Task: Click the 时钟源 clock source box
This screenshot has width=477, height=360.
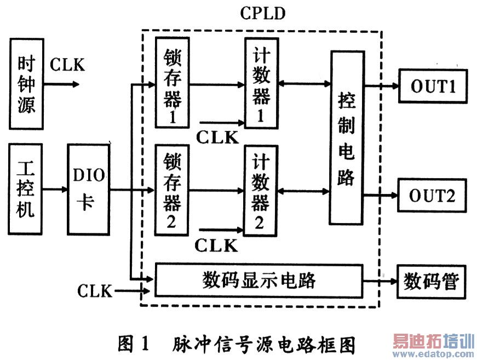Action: pos(26,84)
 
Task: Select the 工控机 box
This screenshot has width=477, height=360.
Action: pos(25,189)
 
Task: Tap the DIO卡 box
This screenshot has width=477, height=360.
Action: pos(89,189)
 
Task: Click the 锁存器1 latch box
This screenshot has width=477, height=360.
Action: pos(173,83)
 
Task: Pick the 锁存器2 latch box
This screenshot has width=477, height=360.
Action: pos(172,190)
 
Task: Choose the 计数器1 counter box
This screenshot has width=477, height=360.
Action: pos(262,83)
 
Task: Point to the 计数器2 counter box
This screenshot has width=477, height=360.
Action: pos(260,191)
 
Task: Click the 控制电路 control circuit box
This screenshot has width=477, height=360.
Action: pos(347,138)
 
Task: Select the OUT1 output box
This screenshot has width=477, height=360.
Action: pos(433,86)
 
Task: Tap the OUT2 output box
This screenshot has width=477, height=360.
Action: pos(432,195)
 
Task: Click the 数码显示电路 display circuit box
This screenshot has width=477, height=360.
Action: pos(259,280)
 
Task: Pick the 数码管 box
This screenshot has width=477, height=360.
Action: pos(432,282)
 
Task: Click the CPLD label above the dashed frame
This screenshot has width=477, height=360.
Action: pos(263,13)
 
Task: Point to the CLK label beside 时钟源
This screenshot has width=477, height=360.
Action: pos(67,65)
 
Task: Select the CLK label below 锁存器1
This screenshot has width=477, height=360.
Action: pos(217,138)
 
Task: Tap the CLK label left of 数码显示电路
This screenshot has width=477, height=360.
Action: pos(95,290)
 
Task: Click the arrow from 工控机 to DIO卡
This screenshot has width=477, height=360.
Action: pos(55,189)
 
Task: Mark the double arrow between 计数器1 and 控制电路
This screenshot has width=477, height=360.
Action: pos(304,83)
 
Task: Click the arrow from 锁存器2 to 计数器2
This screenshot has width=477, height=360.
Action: pos(216,191)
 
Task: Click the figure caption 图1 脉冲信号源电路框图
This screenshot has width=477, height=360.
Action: pos(237,345)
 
